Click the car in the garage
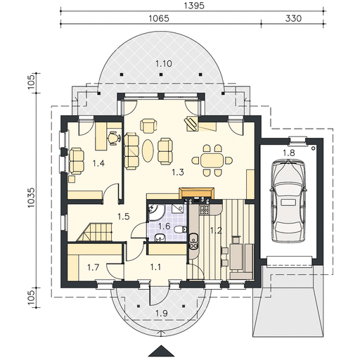288,200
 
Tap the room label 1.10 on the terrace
164,63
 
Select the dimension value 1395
193,6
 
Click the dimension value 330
293,18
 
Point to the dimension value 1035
31,198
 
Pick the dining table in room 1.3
212,160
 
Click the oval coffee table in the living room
148,150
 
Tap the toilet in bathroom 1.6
181,230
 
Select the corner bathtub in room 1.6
156,212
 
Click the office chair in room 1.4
114,139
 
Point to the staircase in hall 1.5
95,232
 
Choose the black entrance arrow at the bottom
162,351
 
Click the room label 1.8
288,153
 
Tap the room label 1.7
94,267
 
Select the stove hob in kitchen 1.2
204,210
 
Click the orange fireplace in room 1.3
196,193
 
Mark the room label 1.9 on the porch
162,313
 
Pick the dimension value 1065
159,18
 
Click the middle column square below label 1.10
161,75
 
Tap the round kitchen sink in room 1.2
193,238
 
